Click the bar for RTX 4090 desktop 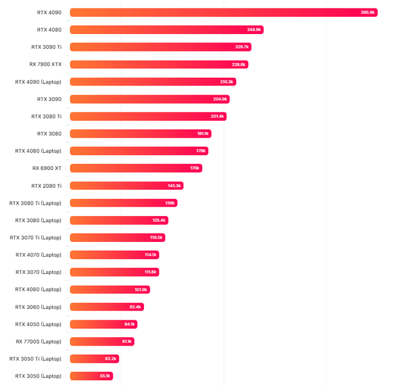tap(219, 12)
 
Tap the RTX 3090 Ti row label tap(46, 47)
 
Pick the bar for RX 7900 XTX tap(154, 64)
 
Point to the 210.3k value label tap(227, 82)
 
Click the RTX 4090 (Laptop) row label tap(38, 82)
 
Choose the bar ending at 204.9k tap(148, 99)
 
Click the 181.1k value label tap(203, 134)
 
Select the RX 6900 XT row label tap(46, 168)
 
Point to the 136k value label tap(170, 203)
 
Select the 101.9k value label tap(142, 289)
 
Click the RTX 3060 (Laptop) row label tap(38, 307)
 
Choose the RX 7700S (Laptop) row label tap(38, 342)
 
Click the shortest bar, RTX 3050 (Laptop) tap(90, 376)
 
